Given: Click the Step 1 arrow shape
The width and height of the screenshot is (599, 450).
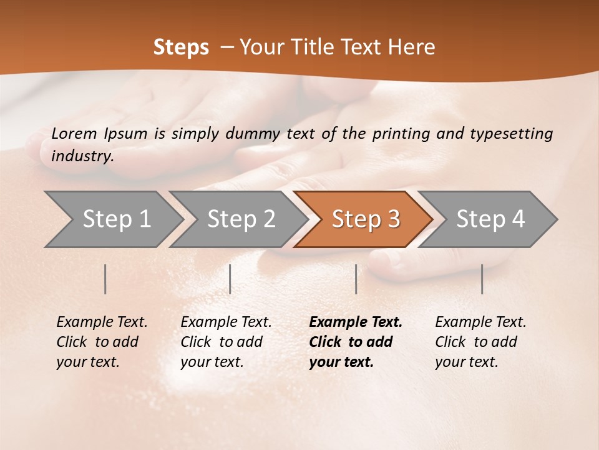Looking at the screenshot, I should (112, 219).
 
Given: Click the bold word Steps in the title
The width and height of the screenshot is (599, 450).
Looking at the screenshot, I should (181, 47).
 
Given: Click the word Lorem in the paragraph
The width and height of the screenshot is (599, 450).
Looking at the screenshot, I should (74, 133).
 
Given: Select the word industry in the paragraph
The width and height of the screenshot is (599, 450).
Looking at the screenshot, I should (82, 156).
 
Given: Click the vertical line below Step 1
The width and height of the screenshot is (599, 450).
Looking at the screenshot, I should (105, 279).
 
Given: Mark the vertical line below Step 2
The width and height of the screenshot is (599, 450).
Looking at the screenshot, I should (230, 279).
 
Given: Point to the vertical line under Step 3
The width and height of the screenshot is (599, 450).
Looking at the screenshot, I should (356, 279).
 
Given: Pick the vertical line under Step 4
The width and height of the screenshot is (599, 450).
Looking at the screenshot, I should (482, 279).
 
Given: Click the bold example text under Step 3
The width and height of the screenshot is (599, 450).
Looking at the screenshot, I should (354, 342).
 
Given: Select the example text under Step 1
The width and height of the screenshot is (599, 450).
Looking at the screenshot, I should (101, 342).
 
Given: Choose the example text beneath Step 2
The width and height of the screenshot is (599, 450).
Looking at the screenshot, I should (226, 342).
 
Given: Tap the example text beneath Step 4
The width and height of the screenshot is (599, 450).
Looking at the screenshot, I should (480, 342).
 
